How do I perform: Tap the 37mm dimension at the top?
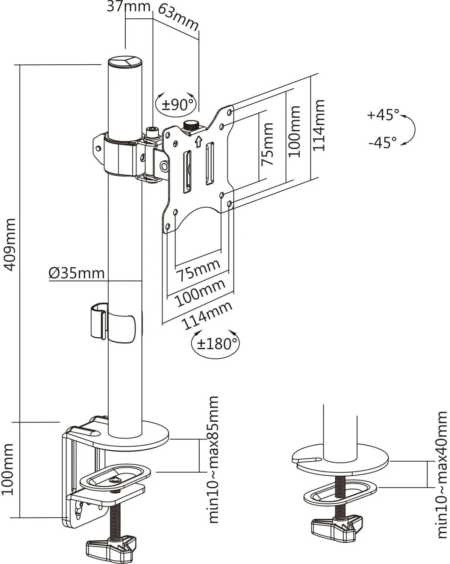point(129,6)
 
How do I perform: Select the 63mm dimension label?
point(178,18)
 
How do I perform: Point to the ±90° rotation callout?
point(176,104)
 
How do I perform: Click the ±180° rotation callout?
point(216,344)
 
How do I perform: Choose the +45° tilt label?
point(383,115)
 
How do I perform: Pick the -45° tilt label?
point(383,143)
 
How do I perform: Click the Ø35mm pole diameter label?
point(77,273)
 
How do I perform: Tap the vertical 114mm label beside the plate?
point(319,125)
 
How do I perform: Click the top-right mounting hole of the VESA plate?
point(230,112)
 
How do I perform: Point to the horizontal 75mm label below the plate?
point(198,270)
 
